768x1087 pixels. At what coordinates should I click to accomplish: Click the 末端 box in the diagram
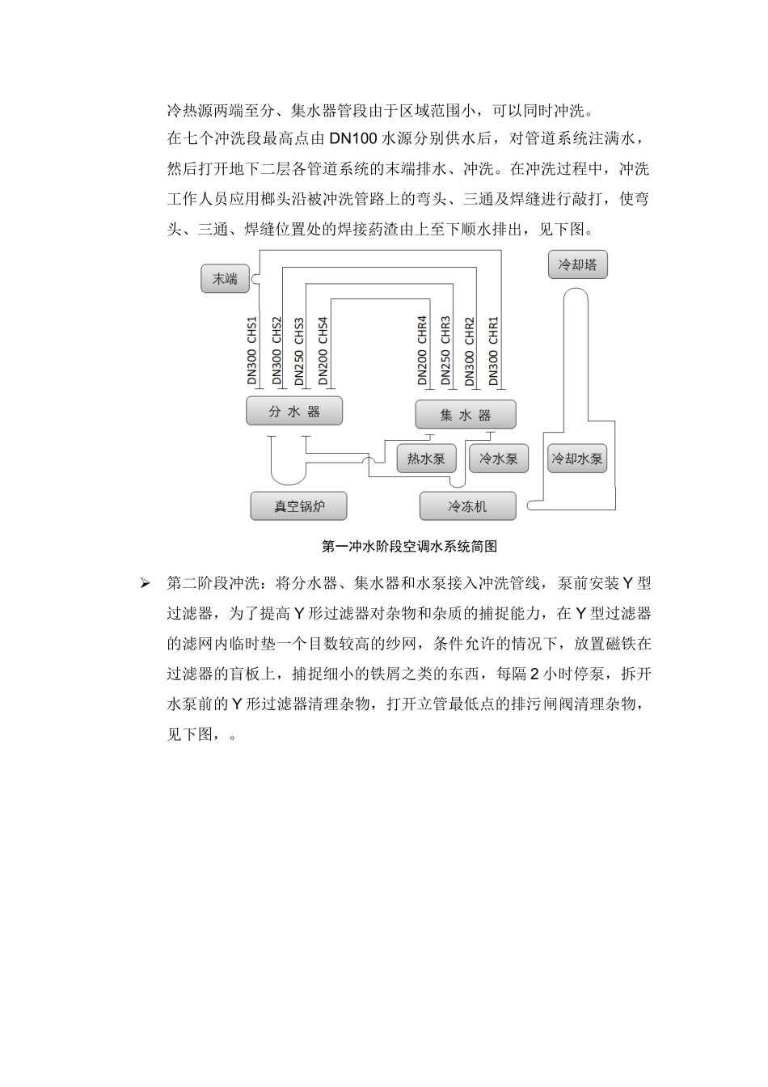pyautogui.click(x=225, y=279)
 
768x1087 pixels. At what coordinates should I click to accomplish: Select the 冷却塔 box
pyautogui.click(x=577, y=264)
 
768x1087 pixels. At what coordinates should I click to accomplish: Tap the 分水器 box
pyautogui.click(x=294, y=412)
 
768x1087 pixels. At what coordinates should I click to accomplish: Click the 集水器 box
pyautogui.click(x=465, y=415)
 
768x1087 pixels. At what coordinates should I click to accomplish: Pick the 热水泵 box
pyautogui.click(x=426, y=459)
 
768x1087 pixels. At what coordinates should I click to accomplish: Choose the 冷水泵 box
pyautogui.click(x=499, y=459)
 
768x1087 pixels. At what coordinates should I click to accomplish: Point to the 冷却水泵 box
pyautogui.click(x=577, y=459)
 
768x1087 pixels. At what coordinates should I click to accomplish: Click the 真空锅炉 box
pyautogui.click(x=299, y=506)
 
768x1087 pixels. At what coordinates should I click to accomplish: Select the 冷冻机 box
pyautogui.click(x=467, y=506)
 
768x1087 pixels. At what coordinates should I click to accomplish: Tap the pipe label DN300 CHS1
pyautogui.click(x=251, y=349)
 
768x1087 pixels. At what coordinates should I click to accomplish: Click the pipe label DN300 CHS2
pyautogui.click(x=276, y=349)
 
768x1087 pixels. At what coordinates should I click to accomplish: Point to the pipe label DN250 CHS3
pyautogui.click(x=299, y=349)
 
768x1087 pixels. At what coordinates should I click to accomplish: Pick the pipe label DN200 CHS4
pyautogui.click(x=323, y=349)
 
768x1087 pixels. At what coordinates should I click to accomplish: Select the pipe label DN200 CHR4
pyautogui.click(x=422, y=349)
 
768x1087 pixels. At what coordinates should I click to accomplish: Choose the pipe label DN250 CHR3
pyautogui.click(x=445, y=349)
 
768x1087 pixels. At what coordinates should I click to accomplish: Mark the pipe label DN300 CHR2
pyautogui.click(x=470, y=349)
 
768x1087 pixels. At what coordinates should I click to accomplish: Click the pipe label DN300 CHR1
pyautogui.click(x=494, y=349)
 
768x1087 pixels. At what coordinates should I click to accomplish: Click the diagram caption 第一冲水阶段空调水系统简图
pyautogui.click(x=409, y=547)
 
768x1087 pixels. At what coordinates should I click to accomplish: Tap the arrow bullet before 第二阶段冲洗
pyautogui.click(x=146, y=583)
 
